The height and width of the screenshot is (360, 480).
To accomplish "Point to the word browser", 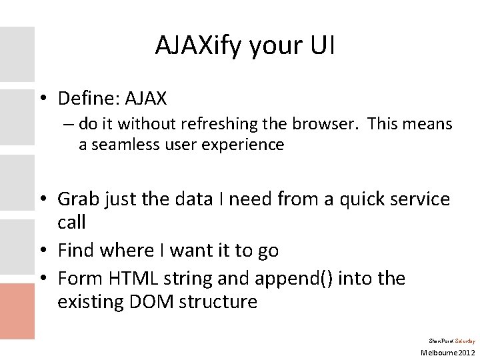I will [x=331, y=124].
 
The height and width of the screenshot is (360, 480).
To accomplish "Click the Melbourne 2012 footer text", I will [x=447, y=351].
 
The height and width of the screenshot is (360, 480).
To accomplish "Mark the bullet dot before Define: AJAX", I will [x=43, y=99].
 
